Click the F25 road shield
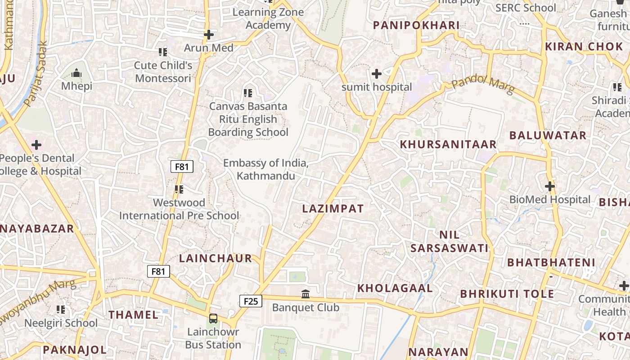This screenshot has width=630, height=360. click(x=251, y=301)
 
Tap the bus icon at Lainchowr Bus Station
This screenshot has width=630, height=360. click(x=213, y=319)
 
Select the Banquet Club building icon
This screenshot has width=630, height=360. click(x=306, y=294)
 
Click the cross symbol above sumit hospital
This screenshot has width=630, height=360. click(x=377, y=73)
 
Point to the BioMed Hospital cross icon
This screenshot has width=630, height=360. click(x=549, y=186)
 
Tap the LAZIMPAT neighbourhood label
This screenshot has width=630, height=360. click(x=333, y=209)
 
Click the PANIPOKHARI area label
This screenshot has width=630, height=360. click(x=416, y=26)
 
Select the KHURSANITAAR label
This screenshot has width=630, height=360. click(x=448, y=144)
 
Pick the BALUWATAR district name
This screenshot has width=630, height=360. click(x=548, y=135)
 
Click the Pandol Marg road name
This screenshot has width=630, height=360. click(x=483, y=85)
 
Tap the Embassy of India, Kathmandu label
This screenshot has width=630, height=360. click(x=266, y=169)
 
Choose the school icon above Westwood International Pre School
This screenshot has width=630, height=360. click(x=179, y=189)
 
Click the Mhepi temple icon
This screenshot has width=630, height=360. click(x=76, y=73)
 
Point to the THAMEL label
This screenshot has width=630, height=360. click(x=133, y=315)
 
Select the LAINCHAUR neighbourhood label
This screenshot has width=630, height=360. click(x=216, y=258)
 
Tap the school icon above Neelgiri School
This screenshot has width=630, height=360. click(x=61, y=310)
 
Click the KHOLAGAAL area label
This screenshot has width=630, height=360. click(x=395, y=288)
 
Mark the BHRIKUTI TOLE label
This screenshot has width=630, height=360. click(x=507, y=294)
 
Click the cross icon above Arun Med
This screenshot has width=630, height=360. click(x=208, y=35)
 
